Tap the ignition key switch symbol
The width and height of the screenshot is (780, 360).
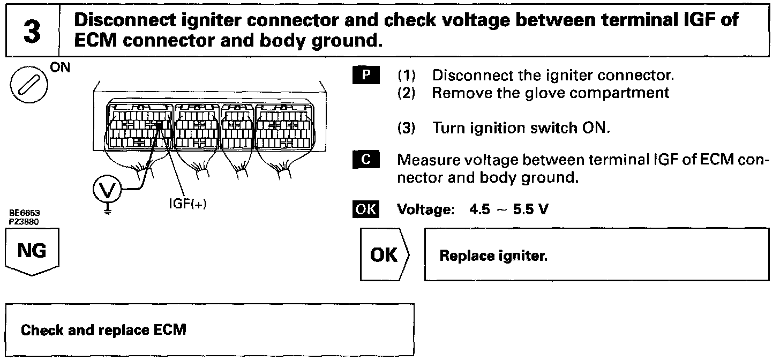[28, 87]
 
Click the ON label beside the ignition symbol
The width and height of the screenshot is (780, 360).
[56, 70]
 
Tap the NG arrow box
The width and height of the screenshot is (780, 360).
[32, 252]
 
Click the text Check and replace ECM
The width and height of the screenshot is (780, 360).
[103, 329]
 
